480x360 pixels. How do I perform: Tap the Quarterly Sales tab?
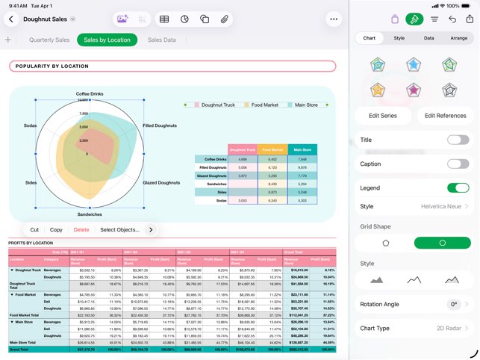point(49,40)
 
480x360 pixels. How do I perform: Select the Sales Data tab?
point(162,40)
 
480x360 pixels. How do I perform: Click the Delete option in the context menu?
point(81,230)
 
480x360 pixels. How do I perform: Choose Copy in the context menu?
point(56,230)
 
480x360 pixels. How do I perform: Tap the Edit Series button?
point(383,116)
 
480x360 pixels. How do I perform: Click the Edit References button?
point(445,116)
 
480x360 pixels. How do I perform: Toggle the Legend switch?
point(458,188)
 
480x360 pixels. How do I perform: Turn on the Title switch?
point(458,140)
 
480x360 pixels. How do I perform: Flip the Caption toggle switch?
point(458,164)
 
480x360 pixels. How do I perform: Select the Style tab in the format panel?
point(399,37)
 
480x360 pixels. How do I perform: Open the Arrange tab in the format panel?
point(459,37)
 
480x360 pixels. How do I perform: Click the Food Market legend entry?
point(264,105)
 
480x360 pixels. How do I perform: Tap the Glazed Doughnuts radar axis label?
point(161,182)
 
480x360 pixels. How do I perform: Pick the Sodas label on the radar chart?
point(30,125)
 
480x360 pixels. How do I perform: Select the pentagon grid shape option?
point(385,243)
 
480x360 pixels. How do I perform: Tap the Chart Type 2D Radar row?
point(414,328)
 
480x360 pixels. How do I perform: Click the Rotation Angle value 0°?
point(453,304)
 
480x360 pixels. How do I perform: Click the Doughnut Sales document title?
point(46,19)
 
